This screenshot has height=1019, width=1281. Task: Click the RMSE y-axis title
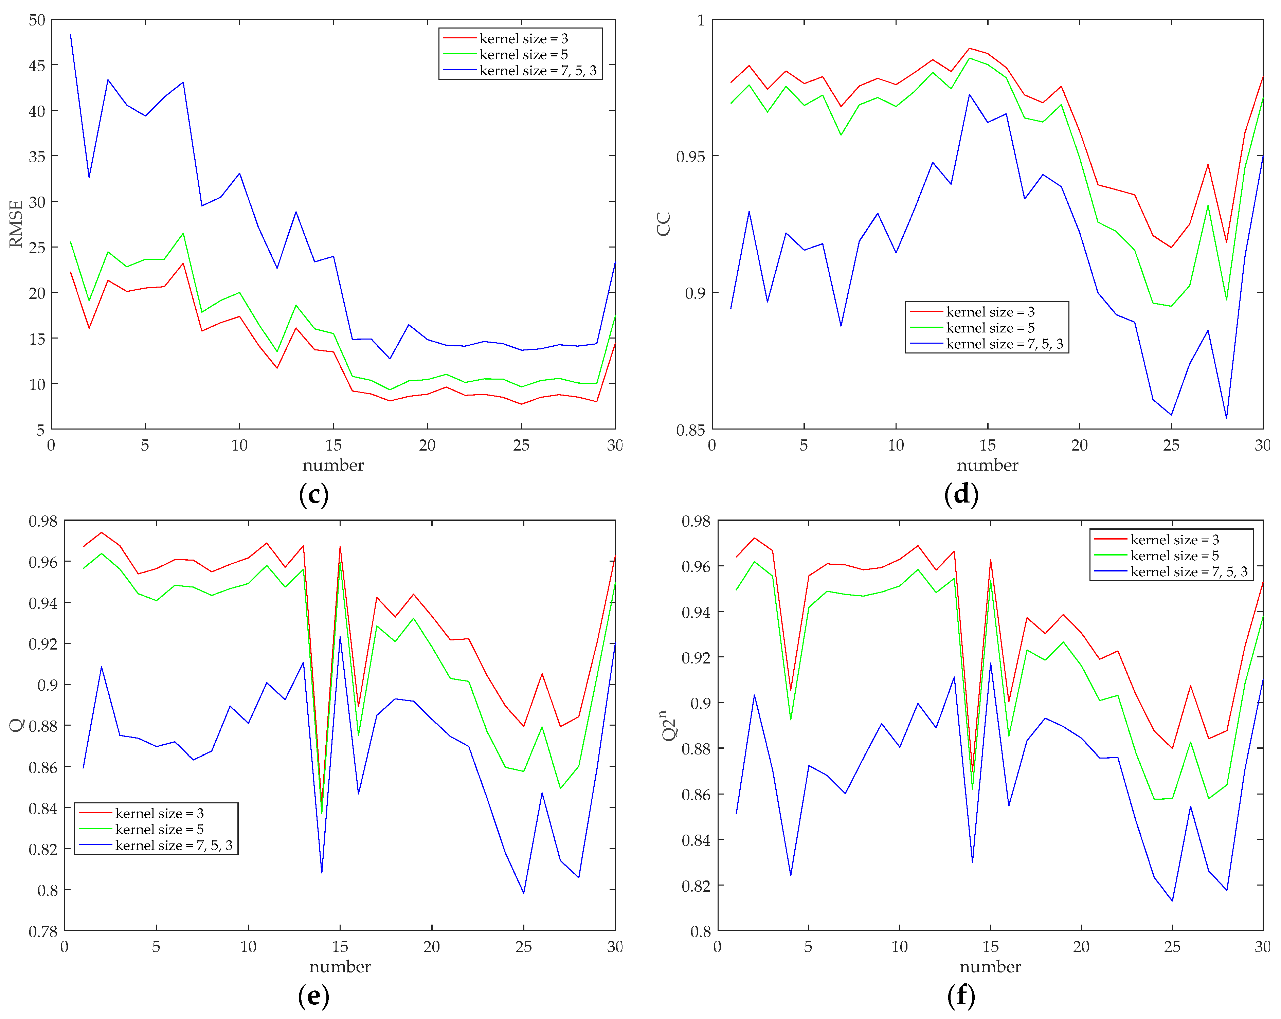(x=16, y=224)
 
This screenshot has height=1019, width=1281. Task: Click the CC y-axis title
(x=664, y=224)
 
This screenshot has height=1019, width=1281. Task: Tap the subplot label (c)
(x=314, y=494)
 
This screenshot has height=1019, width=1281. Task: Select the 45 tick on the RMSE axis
(x=37, y=65)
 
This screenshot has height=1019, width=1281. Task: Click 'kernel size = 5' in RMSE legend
(x=523, y=55)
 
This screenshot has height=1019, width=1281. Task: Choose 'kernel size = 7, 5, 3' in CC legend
(x=1004, y=344)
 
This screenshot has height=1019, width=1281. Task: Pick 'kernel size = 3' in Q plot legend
(x=159, y=813)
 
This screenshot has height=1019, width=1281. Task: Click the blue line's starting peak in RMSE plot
(x=71, y=35)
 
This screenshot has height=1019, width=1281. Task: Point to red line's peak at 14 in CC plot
(x=969, y=49)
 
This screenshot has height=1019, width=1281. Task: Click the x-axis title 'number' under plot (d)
(x=987, y=465)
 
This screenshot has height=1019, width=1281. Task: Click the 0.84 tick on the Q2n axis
(x=696, y=840)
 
